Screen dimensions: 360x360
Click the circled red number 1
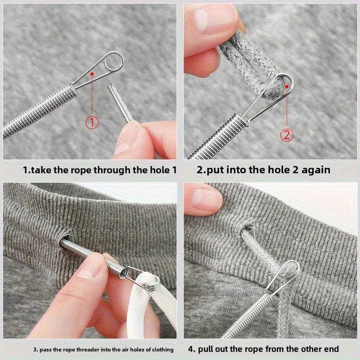tap(92, 122)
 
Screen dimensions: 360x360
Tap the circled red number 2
tap(287, 135)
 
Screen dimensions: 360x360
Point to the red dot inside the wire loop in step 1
tap(92, 73)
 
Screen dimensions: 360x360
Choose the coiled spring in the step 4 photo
tap(243, 315)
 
